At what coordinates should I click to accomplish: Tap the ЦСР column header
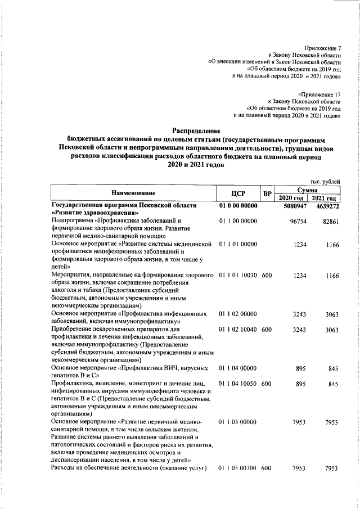click(x=238, y=195)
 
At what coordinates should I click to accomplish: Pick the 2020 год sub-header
click(x=291, y=199)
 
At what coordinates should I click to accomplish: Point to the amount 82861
click(x=328, y=222)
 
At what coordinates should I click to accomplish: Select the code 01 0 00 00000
click(x=238, y=207)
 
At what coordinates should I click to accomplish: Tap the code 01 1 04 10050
click(x=238, y=384)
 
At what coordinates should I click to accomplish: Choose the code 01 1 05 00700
click(x=238, y=468)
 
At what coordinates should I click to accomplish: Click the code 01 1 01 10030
click(x=238, y=276)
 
